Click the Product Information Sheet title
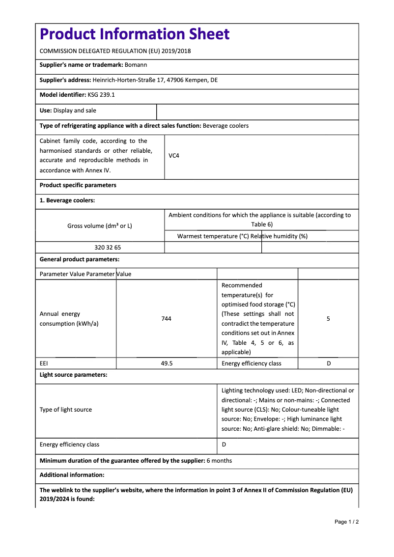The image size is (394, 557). point(134,34)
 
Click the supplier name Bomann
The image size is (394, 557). point(136,64)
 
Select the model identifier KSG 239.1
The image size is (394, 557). point(101,95)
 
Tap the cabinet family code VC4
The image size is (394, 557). point(174,156)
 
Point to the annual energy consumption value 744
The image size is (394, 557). point(166,319)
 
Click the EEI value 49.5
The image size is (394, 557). point(167,363)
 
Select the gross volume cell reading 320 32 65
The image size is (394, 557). point(108,248)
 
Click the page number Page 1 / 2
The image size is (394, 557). point(346,522)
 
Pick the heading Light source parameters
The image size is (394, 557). point(73,375)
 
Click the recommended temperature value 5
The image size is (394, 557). point(328,319)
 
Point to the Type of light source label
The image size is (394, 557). point(66,410)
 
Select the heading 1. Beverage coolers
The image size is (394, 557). point(67,200)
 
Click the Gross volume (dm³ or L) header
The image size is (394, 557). point(100,226)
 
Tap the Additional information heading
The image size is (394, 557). point(72,475)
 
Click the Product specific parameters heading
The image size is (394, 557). point(78,185)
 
